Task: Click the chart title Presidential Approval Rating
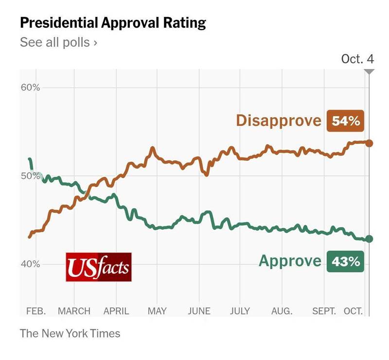(x=113, y=23)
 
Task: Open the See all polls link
(x=58, y=42)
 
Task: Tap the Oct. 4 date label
(x=357, y=59)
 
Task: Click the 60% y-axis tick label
(x=30, y=88)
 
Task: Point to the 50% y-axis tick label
(x=30, y=176)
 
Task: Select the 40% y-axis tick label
(x=30, y=264)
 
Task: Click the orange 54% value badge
(x=346, y=120)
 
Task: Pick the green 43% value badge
(x=346, y=261)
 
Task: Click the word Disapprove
(x=279, y=120)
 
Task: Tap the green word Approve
(x=290, y=261)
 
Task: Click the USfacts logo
(x=99, y=267)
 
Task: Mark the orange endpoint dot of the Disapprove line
(x=369, y=143)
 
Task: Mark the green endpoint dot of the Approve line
(x=369, y=239)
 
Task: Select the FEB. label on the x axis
(x=35, y=311)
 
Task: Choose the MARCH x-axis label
(x=74, y=311)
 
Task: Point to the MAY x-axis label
(x=157, y=311)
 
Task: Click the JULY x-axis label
(x=240, y=311)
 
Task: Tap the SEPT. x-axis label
(x=324, y=311)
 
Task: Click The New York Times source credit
(x=70, y=333)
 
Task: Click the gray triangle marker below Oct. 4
(x=369, y=71)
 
